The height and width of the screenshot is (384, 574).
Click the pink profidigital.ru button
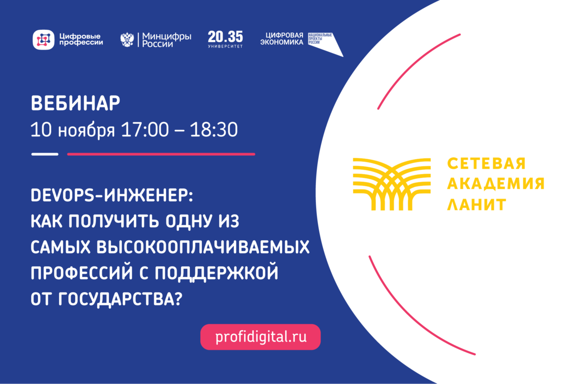[260, 337]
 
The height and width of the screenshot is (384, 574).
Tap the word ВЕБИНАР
[75, 103]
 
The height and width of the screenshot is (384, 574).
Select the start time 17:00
[145, 130]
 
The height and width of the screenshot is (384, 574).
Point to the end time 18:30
[214, 130]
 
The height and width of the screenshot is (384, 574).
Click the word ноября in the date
[86, 130]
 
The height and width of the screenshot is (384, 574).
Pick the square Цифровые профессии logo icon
[43, 39]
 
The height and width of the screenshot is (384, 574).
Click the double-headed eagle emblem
[127, 39]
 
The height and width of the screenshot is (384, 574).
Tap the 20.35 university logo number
[225, 37]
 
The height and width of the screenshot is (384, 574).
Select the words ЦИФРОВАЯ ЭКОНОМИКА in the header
[282, 39]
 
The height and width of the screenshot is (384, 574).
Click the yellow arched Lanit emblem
[391, 184]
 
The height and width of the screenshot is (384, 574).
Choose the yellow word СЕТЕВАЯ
[486, 164]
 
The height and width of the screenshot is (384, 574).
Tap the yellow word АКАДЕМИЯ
[496, 184]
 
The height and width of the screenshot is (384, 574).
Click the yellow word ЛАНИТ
[476, 204]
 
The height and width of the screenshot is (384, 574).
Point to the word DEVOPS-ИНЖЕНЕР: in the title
[112, 196]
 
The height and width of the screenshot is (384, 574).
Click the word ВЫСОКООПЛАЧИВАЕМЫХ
[203, 247]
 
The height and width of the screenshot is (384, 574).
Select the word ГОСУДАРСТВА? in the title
[120, 299]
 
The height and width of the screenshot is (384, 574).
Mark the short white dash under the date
[45, 154]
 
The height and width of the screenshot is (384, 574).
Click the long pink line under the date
[161, 154]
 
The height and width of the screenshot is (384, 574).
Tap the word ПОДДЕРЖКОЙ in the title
[216, 273]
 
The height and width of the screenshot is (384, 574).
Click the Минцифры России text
[167, 40]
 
